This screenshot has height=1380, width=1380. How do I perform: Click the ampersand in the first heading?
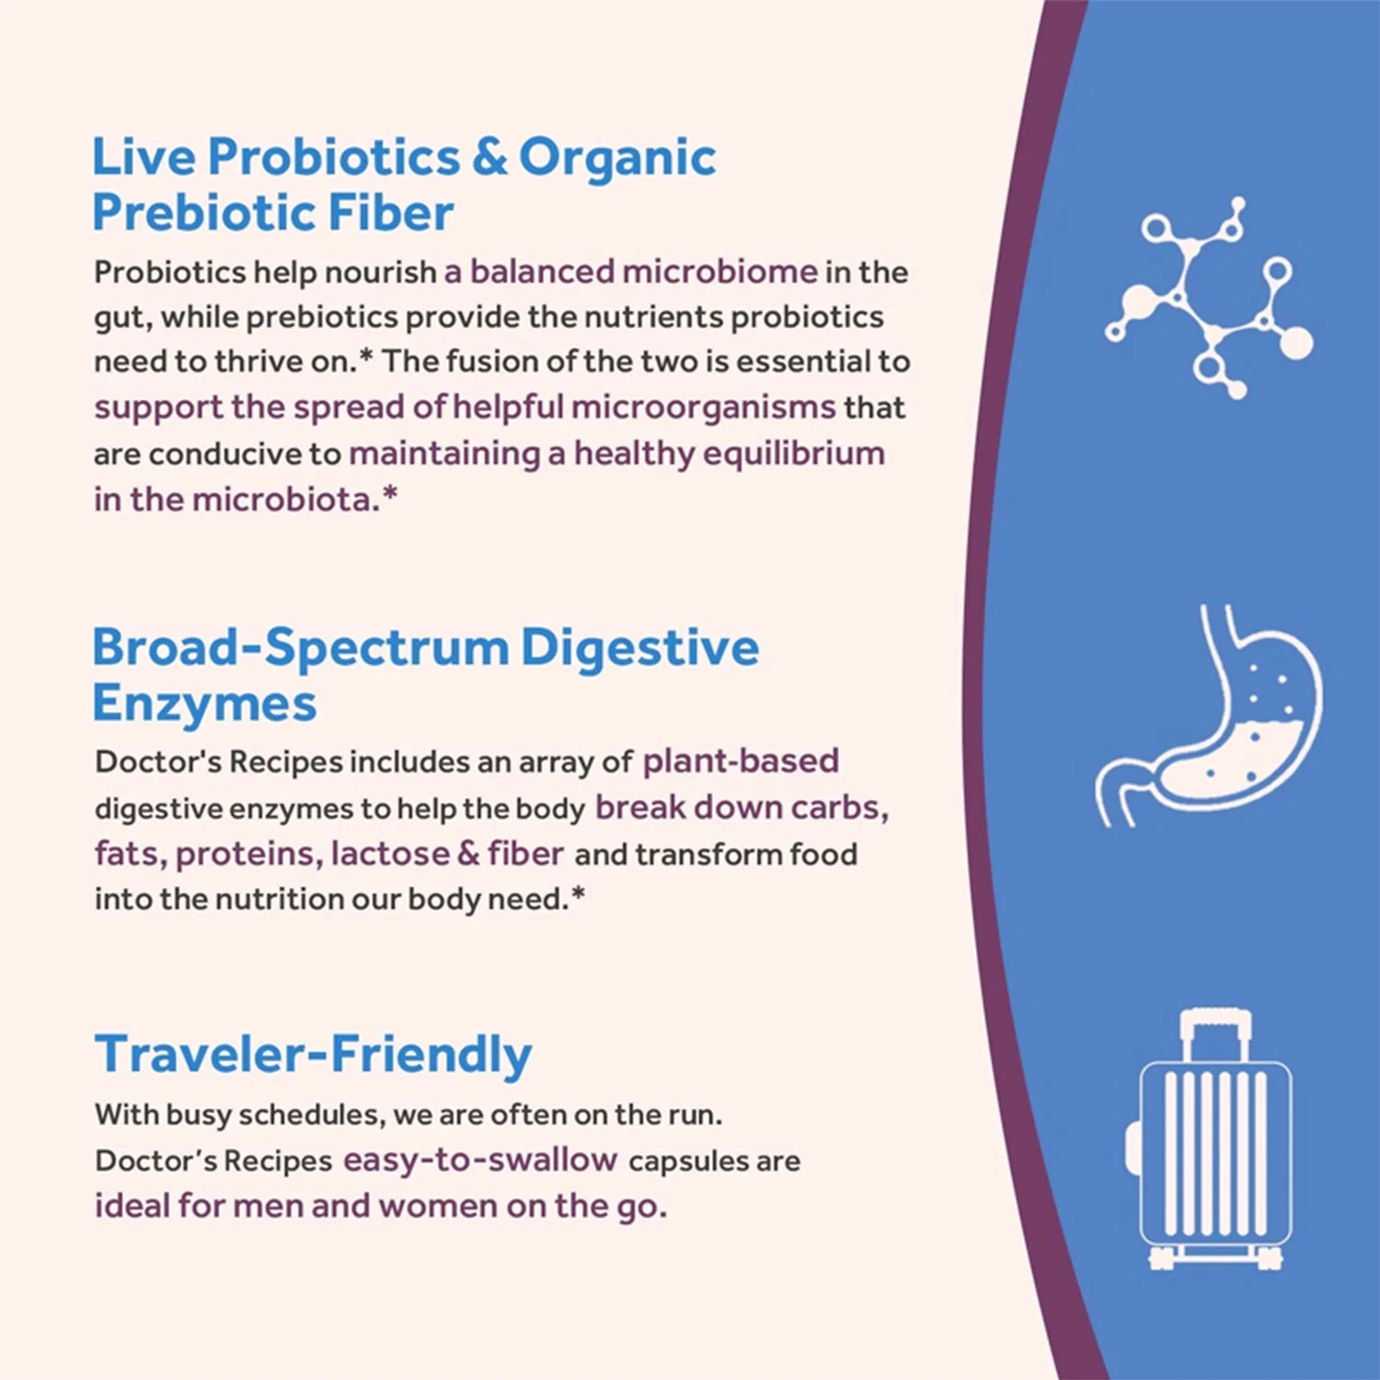coord(489,157)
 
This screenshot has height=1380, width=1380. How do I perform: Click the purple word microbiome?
coord(720,271)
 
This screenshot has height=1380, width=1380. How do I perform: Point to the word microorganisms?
coord(703,407)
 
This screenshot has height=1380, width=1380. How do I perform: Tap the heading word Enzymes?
coord(204,704)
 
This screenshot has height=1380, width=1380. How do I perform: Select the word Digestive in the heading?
coord(640,647)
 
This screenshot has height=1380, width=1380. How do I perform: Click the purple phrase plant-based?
coord(741,761)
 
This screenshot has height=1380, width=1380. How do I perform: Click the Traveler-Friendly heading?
coord(314,1054)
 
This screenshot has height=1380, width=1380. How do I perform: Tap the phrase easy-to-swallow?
coord(479,1160)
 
